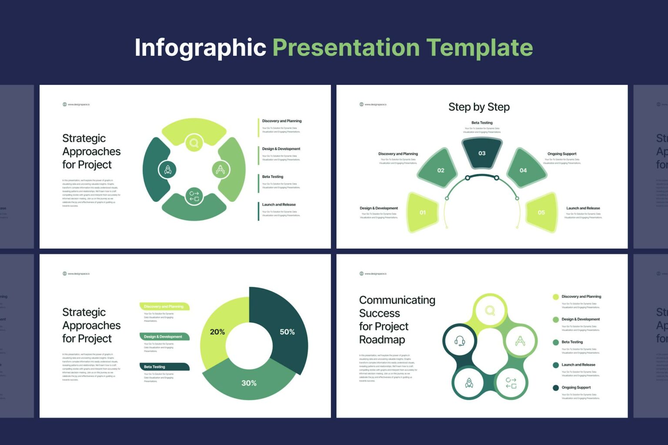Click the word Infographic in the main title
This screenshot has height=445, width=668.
(x=200, y=47)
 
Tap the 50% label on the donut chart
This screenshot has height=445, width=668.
(x=287, y=332)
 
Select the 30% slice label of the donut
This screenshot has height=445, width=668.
(x=249, y=383)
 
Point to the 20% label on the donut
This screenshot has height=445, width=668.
(x=217, y=332)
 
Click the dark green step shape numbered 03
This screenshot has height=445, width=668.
(x=482, y=153)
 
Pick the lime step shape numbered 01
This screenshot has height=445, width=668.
(x=423, y=213)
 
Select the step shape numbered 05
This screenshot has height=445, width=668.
(x=541, y=213)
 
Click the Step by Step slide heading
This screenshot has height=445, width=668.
(x=479, y=107)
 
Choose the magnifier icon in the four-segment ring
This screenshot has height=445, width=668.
(x=194, y=143)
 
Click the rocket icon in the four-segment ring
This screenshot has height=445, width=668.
(x=167, y=169)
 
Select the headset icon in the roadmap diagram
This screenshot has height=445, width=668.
(x=460, y=341)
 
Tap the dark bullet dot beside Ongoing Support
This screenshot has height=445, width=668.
(x=555, y=388)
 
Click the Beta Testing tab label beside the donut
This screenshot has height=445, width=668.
(x=155, y=367)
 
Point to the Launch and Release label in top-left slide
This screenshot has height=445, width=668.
(x=279, y=205)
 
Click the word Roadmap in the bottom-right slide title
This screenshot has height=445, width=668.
(x=382, y=340)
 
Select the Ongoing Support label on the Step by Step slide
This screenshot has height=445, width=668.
(x=562, y=154)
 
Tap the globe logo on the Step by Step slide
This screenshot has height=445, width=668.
(x=361, y=104)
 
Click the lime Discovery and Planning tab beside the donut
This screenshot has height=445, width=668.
(x=164, y=306)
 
